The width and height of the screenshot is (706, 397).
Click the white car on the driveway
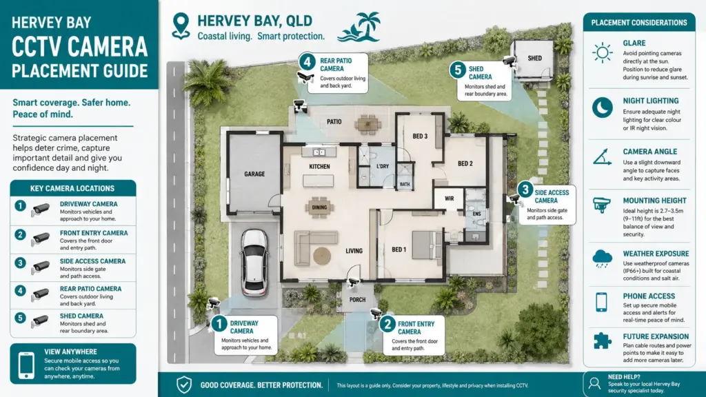pos(254,263)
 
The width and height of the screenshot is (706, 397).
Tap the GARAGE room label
pos(254,174)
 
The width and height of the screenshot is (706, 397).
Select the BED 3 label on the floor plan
pos(420,136)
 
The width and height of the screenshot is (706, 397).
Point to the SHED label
pos(534,58)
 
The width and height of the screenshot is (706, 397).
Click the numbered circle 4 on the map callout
pos(307,61)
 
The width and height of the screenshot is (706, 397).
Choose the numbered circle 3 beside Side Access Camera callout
pos(525,190)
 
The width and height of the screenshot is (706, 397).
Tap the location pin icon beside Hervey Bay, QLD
pos(181,26)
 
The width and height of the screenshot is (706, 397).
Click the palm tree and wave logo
pos(359,27)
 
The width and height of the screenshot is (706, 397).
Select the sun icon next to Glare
pos(603,52)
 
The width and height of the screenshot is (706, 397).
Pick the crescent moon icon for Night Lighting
pos(602,108)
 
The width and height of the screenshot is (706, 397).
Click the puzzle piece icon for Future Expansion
pos(602,340)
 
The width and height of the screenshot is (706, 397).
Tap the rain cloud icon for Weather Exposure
pos(602,259)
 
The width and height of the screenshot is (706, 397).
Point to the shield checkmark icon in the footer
pos(183,385)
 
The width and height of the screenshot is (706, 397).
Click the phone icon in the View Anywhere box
pos(26,365)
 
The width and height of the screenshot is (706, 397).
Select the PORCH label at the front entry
pos(358,300)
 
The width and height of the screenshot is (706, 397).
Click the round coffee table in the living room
pos(322,256)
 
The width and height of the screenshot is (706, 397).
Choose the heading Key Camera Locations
pos(72,189)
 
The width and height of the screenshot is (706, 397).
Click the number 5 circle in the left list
pos(20,318)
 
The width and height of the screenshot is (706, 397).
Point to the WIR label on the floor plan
pos(449,198)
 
